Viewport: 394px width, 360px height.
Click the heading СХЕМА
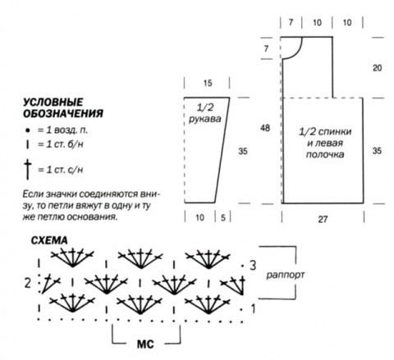pyautogui.click(x=49, y=240)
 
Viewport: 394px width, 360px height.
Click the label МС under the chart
pyautogui.click(x=145, y=344)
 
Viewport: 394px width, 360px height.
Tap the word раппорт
pyautogui.click(x=286, y=275)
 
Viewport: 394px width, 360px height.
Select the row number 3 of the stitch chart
pyautogui.click(x=253, y=265)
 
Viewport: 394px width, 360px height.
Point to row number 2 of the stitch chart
pyautogui.click(x=27, y=283)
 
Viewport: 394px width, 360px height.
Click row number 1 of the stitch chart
pyautogui.click(x=253, y=309)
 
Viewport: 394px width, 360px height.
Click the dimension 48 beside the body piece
pyautogui.click(x=265, y=128)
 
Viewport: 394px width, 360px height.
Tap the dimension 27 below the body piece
pyautogui.click(x=323, y=219)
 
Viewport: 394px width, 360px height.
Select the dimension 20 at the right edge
pyautogui.click(x=377, y=68)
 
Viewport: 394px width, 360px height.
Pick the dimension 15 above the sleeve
pyautogui.click(x=208, y=83)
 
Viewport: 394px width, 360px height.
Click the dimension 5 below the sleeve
pyautogui.click(x=223, y=218)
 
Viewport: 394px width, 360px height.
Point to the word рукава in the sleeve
pyautogui.click(x=204, y=119)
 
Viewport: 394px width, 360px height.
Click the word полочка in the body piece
pyautogui.click(x=325, y=155)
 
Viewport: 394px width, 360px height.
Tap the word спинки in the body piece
pyautogui.click(x=334, y=132)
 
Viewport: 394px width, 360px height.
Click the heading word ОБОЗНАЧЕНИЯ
pyautogui.click(x=63, y=113)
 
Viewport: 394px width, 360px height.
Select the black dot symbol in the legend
pyautogui.click(x=27, y=130)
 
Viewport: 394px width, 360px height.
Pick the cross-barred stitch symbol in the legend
pyautogui.click(x=28, y=170)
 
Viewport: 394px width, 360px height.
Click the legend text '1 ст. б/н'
pyautogui.click(x=64, y=144)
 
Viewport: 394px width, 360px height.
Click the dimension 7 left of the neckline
pyautogui.click(x=266, y=48)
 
